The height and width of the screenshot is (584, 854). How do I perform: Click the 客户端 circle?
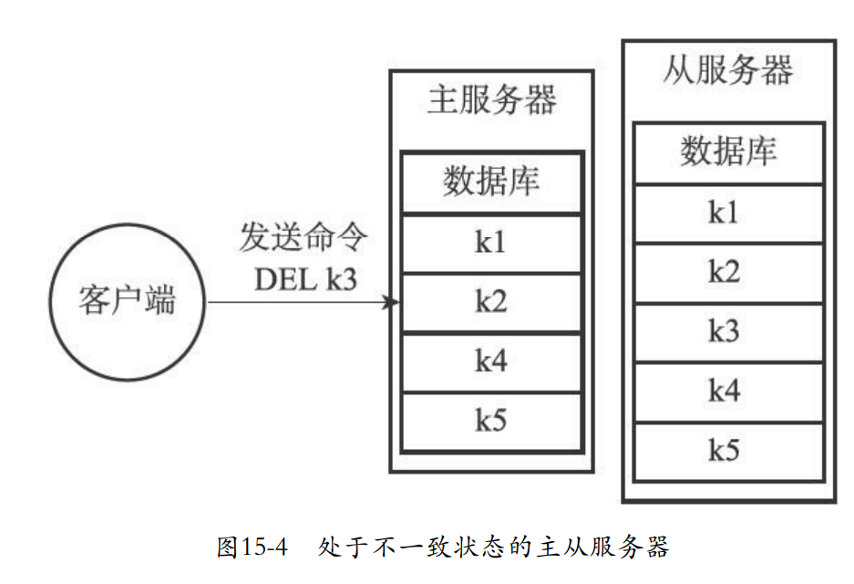(x=127, y=301)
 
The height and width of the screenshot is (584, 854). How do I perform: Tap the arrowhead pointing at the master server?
(x=393, y=302)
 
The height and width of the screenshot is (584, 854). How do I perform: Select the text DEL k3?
(x=305, y=280)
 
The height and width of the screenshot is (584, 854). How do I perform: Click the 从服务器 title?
(x=727, y=70)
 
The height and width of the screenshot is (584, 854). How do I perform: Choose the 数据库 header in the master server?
(x=491, y=182)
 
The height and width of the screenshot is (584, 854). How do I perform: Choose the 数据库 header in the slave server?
(x=727, y=151)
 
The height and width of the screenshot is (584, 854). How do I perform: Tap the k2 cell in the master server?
(x=491, y=301)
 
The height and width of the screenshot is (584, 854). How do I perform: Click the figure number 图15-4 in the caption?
(x=252, y=547)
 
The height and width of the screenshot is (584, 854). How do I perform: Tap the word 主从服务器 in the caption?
(x=602, y=547)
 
